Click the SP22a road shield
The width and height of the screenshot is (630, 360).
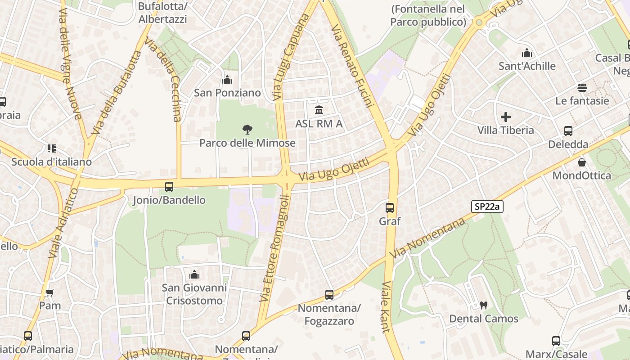pos(487,207)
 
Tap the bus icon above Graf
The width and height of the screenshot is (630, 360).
pos(390,208)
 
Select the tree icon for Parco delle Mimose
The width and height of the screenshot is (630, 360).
pos(247,130)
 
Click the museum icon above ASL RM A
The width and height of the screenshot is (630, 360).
pos(319,110)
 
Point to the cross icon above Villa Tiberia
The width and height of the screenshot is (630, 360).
pos(506,117)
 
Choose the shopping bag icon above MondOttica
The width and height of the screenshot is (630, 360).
pos(582,162)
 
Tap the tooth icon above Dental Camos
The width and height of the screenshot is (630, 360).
pos(484,305)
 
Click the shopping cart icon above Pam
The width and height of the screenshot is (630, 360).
pos(50,292)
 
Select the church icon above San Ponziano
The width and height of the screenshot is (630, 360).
pos(227,80)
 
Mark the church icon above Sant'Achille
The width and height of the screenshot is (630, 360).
pos(526,53)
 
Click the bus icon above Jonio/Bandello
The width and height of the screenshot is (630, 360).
pos(169,186)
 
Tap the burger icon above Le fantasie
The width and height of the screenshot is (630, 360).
pos(582,87)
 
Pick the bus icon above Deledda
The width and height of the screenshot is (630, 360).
pos(568,131)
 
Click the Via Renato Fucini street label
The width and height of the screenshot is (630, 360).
pos(353,66)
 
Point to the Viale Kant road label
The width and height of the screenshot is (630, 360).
pos(386,307)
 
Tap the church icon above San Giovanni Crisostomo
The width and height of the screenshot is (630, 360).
pos(194,274)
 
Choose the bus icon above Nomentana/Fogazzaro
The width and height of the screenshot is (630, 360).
pos(329,295)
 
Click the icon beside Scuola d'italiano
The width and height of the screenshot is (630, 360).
pos(51,148)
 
